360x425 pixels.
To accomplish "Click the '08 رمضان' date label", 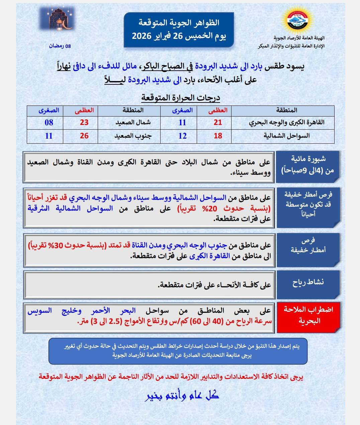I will [60, 46].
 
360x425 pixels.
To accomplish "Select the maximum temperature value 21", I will [218, 122].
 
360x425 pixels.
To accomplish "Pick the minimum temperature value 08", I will [49, 122].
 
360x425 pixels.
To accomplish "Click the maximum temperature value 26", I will [84, 136].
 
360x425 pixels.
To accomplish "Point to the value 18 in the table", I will [218, 136].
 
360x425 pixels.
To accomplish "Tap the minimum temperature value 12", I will [182, 136].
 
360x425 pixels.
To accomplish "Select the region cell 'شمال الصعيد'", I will [133, 122].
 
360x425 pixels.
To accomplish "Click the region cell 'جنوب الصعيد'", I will [133, 136].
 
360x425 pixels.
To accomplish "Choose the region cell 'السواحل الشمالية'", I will [287, 136].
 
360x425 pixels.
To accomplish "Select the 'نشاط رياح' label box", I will [308, 282].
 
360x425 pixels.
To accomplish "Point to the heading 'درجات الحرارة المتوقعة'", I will [181, 98].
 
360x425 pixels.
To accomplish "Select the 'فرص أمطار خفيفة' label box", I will [308, 245].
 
